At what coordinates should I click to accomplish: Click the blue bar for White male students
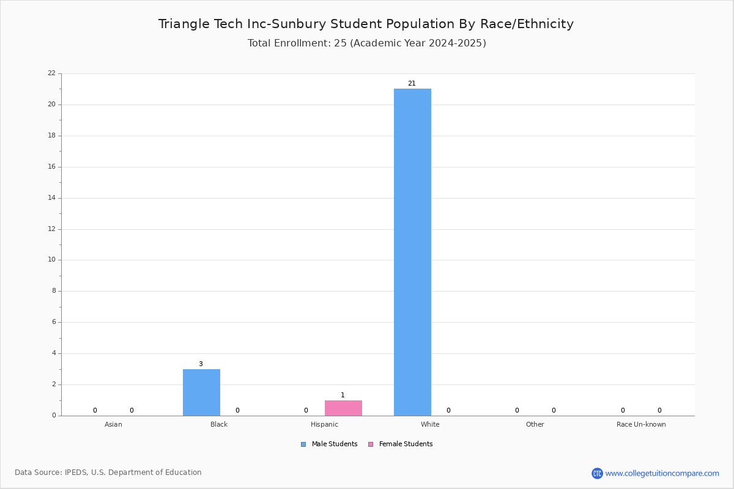[412, 252]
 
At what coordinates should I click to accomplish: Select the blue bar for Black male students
[201, 392]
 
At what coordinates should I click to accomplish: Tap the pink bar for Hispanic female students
[343, 408]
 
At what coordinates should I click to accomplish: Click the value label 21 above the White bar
[412, 84]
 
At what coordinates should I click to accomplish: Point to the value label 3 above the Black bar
[201, 364]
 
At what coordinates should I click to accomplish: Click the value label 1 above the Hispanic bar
[343, 395]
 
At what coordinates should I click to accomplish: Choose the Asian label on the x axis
[113, 424]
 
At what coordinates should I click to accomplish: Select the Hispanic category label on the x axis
[324, 424]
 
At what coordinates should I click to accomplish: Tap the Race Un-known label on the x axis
[641, 424]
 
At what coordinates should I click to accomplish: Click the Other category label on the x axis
[535, 424]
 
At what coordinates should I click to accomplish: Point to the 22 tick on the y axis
[52, 73]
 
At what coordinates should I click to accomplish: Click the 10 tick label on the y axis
[52, 260]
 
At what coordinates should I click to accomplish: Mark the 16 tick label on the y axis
[52, 167]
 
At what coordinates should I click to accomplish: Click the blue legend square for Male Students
[303, 444]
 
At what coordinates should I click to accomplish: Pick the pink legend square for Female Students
[371, 444]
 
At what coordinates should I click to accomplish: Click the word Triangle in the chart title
[184, 24]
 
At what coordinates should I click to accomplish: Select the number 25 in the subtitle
[340, 43]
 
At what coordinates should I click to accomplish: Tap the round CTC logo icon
[597, 473]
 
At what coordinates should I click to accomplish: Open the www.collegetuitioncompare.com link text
[662, 474]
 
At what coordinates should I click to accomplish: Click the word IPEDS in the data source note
[76, 472]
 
